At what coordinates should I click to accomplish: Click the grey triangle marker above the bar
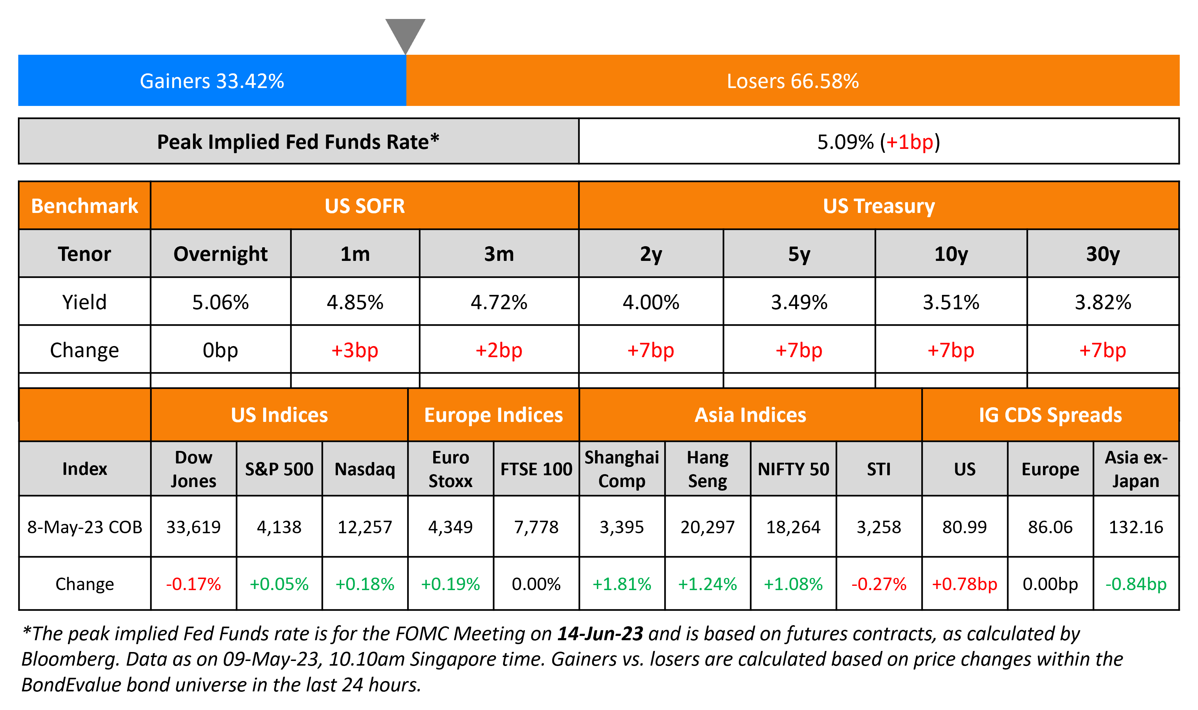tap(405, 34)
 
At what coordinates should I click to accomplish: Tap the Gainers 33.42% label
tap(212, 81)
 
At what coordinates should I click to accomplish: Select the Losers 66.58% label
tap(793, 81)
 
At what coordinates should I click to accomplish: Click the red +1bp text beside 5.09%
tap(909, 142)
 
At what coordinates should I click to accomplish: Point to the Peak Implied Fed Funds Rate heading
tap(298, 142)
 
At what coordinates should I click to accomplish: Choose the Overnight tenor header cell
tap(220, 254)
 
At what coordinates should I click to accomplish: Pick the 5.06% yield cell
tap(220, 302)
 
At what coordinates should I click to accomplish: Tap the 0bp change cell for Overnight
tap(220, 350)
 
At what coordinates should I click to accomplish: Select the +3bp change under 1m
tap(355, 350)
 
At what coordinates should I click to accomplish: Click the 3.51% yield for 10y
tap(951, 302)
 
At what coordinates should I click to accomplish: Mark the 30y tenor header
tap(1102, 254)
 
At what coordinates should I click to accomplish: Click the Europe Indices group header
tap(493, 415)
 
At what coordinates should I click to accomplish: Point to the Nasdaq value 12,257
tap(365, 527)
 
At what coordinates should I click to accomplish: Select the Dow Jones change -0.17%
tap(193, 584)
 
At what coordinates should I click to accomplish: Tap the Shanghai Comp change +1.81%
tap(621, 584)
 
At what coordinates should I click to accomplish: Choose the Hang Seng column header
tap(707, 469)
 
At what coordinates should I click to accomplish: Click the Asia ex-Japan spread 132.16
tap(1135, 527)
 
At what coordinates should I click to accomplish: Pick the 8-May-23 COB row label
tap(85, 527)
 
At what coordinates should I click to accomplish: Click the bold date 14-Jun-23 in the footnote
tap(600, 633)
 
